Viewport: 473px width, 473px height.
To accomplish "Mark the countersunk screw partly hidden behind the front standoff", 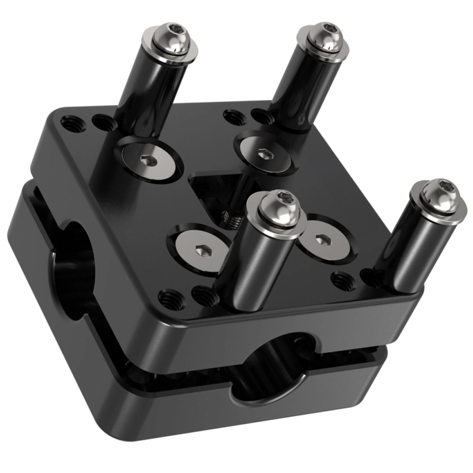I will click(x=321, y=242).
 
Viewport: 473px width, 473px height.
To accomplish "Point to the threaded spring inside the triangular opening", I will click(x=232, y=217).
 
